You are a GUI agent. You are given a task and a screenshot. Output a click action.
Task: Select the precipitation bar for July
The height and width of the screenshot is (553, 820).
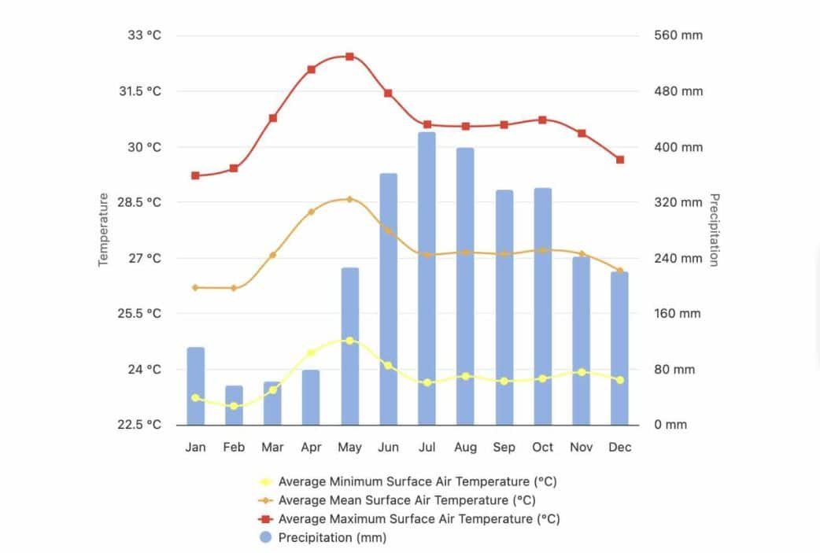click(x=427, y=279)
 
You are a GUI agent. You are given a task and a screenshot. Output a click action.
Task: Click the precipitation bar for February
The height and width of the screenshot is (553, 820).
click(x=234, y=405)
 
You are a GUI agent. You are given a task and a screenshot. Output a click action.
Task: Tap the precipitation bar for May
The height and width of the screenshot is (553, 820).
click(x=349, y=346)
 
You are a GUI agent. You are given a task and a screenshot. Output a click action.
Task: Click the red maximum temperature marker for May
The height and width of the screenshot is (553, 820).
click(x=349, y=57)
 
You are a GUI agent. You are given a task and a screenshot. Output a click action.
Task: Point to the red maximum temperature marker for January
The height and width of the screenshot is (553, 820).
click(x=195, y=175)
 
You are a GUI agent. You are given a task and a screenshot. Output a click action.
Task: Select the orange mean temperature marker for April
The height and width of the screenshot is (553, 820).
click(x=311, y=212)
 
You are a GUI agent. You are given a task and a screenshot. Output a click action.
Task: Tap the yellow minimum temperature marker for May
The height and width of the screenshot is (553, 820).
click(x=349, y=341)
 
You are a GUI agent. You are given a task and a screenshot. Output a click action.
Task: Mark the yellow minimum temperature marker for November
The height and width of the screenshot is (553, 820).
click(x=581, y=372)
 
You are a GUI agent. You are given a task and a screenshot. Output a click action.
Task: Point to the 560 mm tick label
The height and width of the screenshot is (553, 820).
click(x=678, y=35)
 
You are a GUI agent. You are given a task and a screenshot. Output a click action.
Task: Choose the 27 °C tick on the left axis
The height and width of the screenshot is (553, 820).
click(x=146, y=258)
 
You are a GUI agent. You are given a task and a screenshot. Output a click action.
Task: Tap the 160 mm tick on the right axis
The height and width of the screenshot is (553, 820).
click(x=678, y=314)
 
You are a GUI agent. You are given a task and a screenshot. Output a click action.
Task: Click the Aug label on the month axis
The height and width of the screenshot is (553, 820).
click(x=465, y=448)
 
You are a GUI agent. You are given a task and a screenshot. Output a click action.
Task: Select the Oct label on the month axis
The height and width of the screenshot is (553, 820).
click(x=542, y=448)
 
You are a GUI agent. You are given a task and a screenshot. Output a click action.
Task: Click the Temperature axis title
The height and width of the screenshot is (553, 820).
click(x=103, y=230)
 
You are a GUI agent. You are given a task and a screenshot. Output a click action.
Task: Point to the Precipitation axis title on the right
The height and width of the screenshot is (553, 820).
click(x=714, y=230)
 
